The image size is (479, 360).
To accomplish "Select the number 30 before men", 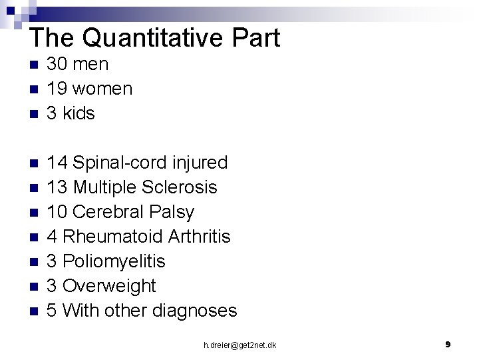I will point(56,64).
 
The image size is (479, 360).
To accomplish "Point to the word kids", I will point(79,113).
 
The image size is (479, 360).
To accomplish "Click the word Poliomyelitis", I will point(114,261).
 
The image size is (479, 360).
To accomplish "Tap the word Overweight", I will point(109,286).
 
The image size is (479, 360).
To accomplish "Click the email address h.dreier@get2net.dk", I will point(240,345).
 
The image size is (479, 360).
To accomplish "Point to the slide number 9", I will point(448,345).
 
